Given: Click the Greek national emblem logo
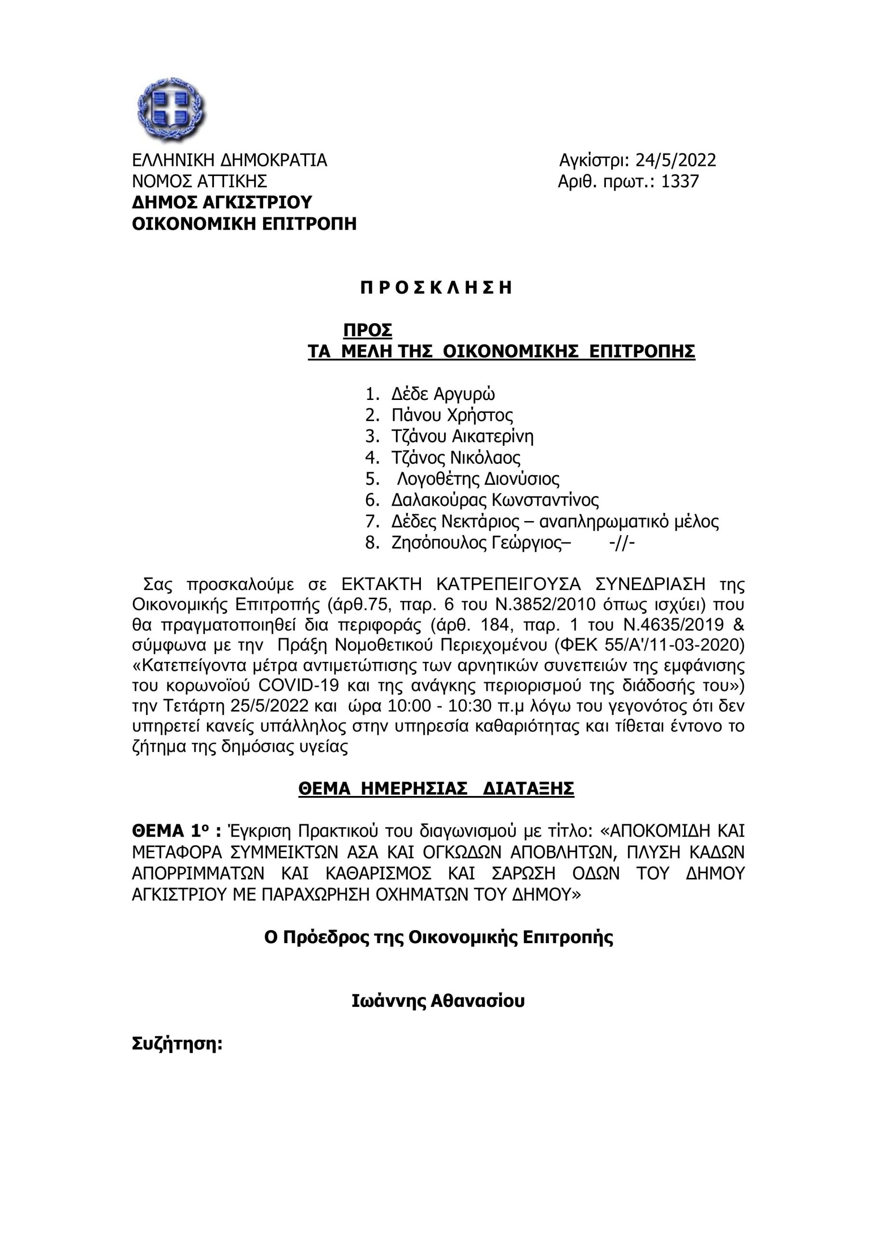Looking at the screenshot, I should click(x=171, y=110).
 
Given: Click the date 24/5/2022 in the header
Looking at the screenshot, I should click(x=676, y=160).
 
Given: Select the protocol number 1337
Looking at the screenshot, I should click(x=680, y=182).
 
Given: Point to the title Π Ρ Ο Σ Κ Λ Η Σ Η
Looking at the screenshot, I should click(x=436, y=288).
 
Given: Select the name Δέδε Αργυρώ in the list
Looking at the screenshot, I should click(x=443, y=394).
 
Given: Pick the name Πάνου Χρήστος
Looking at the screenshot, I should click(x=452, y=415).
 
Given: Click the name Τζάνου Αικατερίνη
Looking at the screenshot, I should click(x=462, y=436).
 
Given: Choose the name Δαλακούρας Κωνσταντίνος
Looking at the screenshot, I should click(x=495, y=500).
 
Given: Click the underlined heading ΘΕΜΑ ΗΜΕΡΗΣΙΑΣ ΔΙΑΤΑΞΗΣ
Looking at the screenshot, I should click(x=437, y=789).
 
